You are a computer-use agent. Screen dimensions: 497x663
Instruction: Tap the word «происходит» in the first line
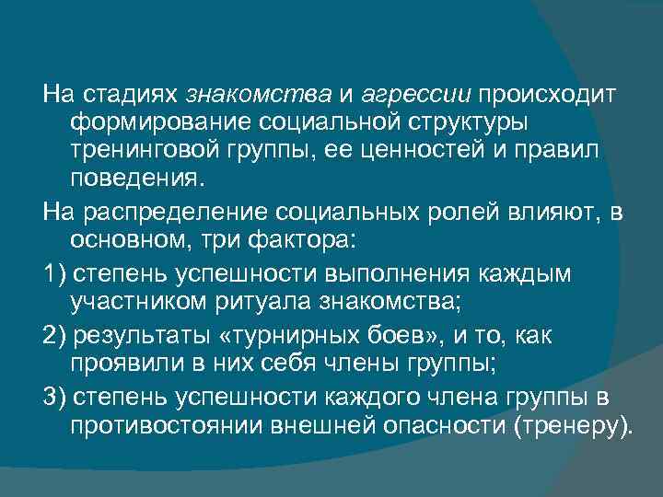549,94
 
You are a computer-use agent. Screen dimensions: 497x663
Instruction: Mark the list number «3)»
54,398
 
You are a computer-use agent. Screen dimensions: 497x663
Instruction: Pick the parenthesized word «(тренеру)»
575,425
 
